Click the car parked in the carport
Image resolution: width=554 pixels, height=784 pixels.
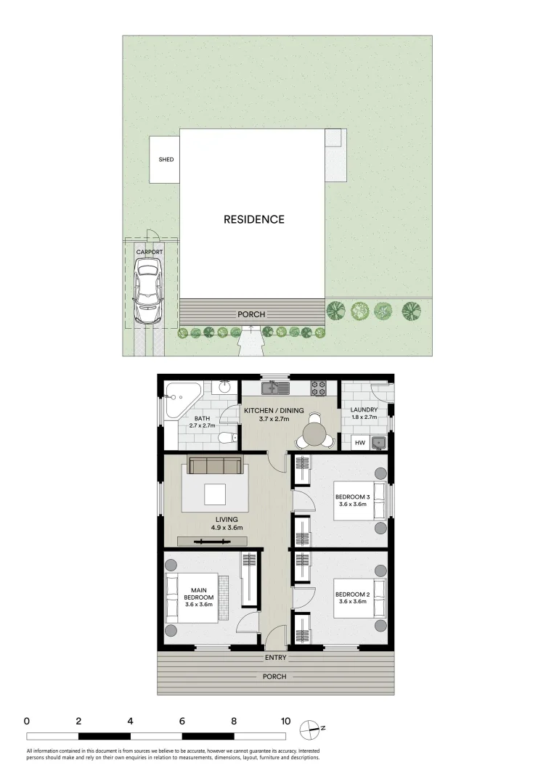pyautogui.click(x=147, y=293)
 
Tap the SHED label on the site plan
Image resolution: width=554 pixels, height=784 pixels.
pyautogui.click(x=166, y=160)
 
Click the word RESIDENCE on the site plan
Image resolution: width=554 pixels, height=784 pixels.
pyautogui.click(x=253, y=219)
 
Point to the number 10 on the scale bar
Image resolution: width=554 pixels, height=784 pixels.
pyautogui.click(x=285, y=722)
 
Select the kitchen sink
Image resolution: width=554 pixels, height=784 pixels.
pyautogui.click(x=276, y=388)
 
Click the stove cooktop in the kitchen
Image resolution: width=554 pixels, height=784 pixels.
pyautogui.click(x=319, y=388)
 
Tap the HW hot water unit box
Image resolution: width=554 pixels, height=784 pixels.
pyautogui.click(x=360, y=442)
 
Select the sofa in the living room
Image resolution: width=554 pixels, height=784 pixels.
pyautogui.click(x=215, y=465)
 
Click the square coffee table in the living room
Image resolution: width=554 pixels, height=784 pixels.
pyautogui.click(x=215, y=494)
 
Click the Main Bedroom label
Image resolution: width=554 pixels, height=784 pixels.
pyautogui.click(x=198, y=594)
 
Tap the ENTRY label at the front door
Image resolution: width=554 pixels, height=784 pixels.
pyautogui.click(x=276, y=658)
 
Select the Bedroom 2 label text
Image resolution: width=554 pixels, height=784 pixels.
pyautogui.click(x=353, y=595)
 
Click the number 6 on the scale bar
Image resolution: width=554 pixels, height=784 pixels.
pyautogui.click(x=182, y=722)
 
